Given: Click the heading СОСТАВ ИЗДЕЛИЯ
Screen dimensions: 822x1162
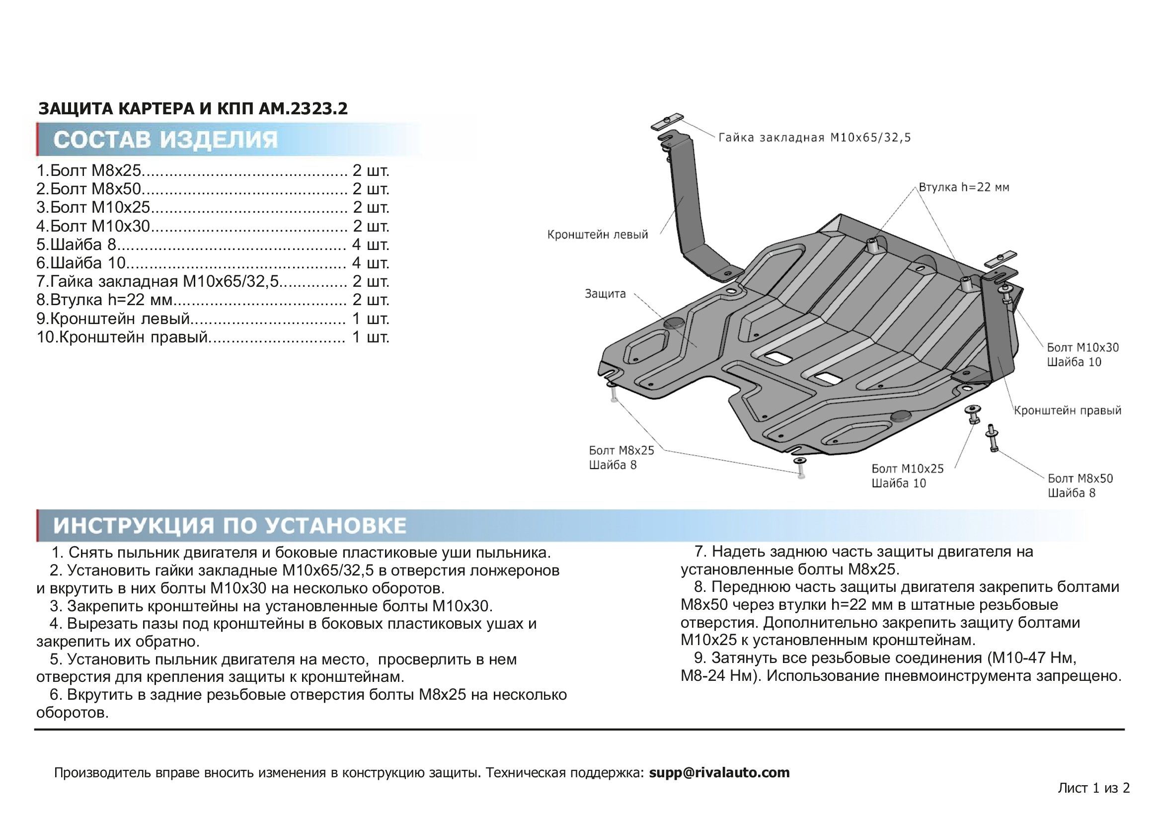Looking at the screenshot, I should pos(165,140).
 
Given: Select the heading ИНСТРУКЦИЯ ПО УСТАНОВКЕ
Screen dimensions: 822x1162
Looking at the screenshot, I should pos(230,526).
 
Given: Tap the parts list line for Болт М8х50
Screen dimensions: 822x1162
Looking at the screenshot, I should pos(213,189).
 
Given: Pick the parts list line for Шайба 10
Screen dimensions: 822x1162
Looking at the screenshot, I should pos(213,263).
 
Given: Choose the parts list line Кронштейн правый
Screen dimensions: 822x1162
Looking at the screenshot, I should pos(213,337).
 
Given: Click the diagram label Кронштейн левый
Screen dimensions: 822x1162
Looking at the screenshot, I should pos(597,235).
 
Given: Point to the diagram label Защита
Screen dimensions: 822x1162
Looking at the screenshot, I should pos(605,294).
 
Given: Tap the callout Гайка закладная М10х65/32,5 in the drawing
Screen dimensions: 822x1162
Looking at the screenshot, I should pos(814,138).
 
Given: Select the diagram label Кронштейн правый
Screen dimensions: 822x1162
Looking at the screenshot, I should pos(1067,411).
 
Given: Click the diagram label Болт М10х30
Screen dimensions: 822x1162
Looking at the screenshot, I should pos(1083,348).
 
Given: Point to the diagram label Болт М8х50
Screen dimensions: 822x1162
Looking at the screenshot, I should pos(1080,478).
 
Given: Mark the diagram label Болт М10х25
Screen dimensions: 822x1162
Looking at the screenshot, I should pos(908,469).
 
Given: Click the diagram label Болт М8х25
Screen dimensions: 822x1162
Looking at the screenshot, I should pos(621,450).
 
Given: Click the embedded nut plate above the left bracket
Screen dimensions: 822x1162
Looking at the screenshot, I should pos(667,122).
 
